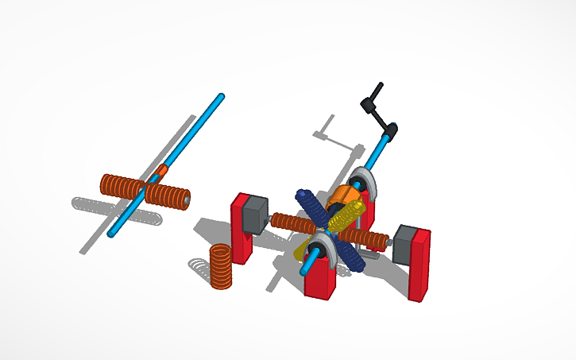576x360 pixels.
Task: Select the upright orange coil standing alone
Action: click(220, 266)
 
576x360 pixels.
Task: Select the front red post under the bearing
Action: click(319, 277)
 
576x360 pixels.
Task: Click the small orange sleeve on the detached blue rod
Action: click(162, 172)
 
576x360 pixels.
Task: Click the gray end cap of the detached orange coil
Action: click(187, 201)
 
